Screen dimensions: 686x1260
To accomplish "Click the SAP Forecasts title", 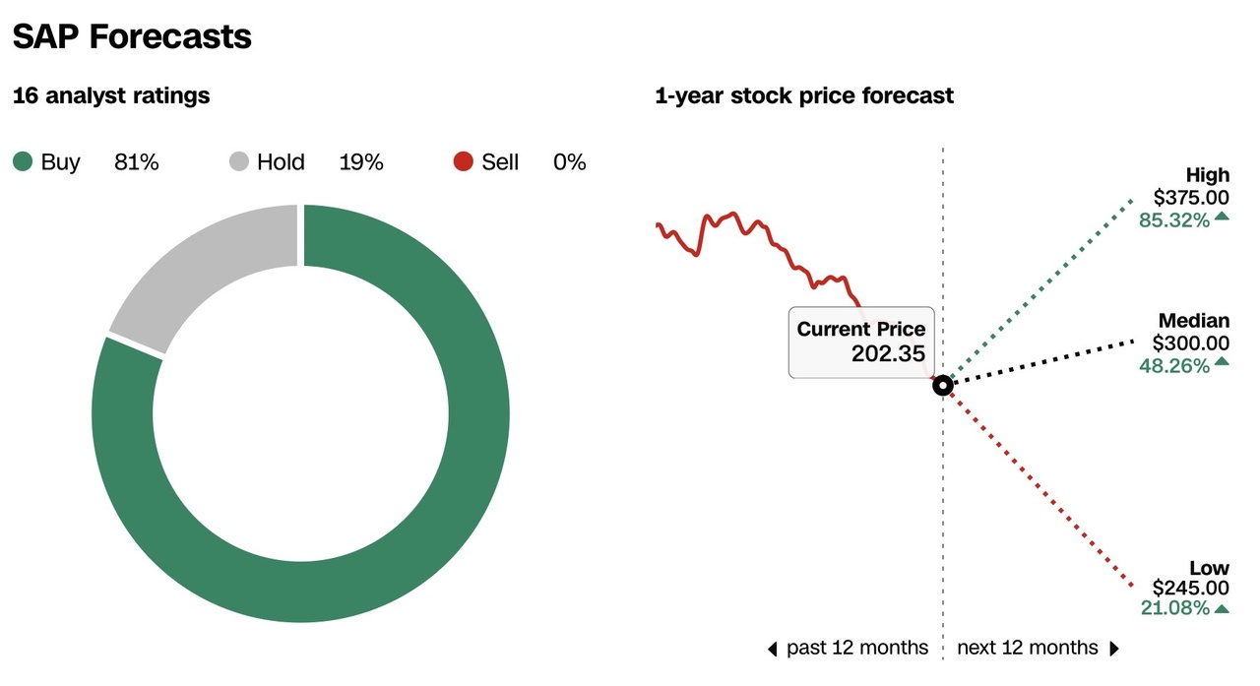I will click(x=132, y=36).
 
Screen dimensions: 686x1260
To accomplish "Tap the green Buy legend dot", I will click(x=23, y=161).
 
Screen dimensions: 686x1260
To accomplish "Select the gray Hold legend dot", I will click(x=239, y=161).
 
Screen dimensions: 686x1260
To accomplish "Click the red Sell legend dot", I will click(x=464, y=161).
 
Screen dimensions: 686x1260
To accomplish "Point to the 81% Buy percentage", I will click(x=136, y=162).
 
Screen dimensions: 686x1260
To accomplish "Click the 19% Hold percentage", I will click(x=360, y=162).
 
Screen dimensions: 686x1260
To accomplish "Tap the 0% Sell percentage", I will click(x=569, y=162).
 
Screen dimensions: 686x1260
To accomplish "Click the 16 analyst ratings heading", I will click(x=111, y=95).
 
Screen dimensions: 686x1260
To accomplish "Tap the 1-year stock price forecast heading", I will click(x=804, y=95).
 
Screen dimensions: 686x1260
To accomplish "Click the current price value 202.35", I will click(x=888, y=353).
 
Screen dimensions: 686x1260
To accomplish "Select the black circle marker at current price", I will click(x=942, y=386).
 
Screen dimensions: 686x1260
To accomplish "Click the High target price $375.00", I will click(x=1191, y=198).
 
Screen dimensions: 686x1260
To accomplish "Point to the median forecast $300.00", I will click(x=1191, y=343).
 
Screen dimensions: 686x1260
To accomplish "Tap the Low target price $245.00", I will click(x=1191, y=588).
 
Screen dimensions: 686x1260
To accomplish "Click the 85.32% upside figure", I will click(x=1173, y=220).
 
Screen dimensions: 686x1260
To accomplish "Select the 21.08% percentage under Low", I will click(x=1173, y=609).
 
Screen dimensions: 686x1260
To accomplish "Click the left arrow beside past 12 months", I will click(x=774, y=649).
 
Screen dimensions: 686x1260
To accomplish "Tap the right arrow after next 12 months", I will click(x=1114, y=649).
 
